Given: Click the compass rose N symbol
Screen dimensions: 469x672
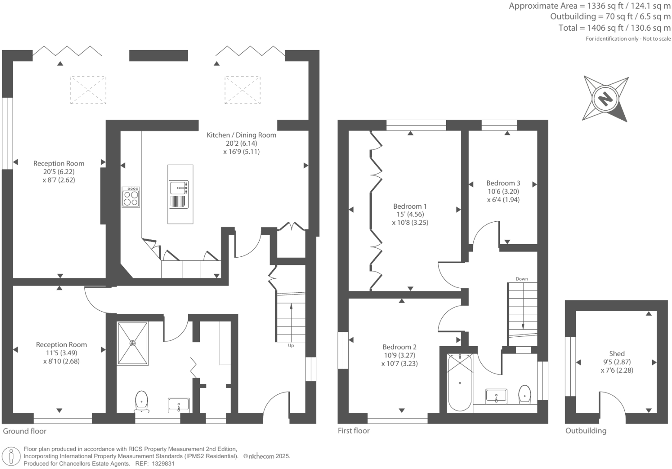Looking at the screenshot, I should pos(604,99).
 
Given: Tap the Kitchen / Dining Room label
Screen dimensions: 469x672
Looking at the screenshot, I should pos(241,135).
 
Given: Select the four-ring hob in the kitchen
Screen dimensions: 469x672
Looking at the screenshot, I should pos(131,197).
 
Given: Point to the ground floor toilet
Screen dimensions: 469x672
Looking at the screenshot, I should pos(141,401).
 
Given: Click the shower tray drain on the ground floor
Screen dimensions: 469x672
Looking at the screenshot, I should pos(132,343).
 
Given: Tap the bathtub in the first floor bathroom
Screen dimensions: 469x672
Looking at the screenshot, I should pos(460,382).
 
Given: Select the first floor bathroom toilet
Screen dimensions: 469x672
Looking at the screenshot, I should pos(524,394).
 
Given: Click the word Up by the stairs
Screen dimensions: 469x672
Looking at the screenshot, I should pos(291,345).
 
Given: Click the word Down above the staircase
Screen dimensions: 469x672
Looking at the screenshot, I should pos(522,279).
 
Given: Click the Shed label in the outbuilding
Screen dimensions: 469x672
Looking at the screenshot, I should pos(617,354).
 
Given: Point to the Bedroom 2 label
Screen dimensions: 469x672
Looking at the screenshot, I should pos(399,347).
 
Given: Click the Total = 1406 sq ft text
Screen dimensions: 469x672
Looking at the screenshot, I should pos(614,28).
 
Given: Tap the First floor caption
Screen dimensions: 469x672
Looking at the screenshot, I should pos(354,431).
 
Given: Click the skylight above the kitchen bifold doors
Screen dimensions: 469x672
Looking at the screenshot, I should pos(242,90).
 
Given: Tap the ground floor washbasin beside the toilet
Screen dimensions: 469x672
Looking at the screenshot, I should pos(179,405).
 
